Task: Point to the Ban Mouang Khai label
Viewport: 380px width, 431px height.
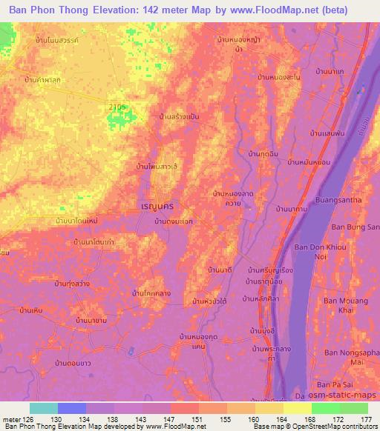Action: tap(342, 306)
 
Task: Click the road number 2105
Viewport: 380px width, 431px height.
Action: tap(117, 107)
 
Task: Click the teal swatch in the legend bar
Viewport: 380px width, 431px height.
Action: tap(44, 407)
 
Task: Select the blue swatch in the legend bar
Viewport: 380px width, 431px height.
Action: tap(72, 407)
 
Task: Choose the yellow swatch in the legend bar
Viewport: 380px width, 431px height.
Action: tap(297, 407)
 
